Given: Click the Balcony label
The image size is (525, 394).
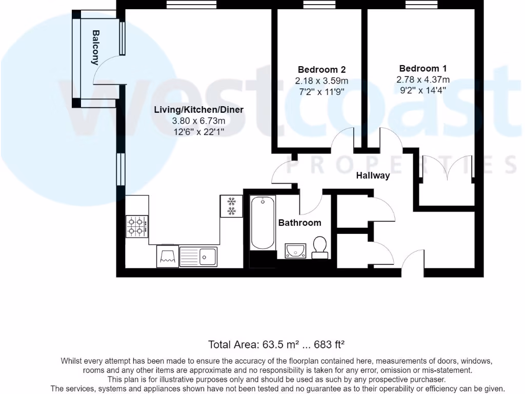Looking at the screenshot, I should pyautogui.click(x=95, y=47).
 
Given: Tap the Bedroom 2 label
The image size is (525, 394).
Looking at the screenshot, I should pyautogui.click(x=321, y=70).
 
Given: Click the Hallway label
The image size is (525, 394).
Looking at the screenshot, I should pyautogui.click(x=373, y=175).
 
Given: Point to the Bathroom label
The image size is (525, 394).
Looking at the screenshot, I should pyautogui.click(x=299, y=223).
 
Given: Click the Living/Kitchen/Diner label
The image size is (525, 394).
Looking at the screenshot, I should pyautogui.click(x=199, y=110).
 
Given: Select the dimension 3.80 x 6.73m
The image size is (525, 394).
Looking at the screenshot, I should pyautogui.click(x=199, y=121).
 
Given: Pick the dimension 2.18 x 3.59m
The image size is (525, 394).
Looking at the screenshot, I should pyautogui.click(x=321, y=81).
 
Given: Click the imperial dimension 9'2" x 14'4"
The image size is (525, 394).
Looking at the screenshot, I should pyautogui.click(x=423, y=91).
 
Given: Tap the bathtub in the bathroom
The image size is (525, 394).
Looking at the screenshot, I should pyautogui.click(x=262, y=223).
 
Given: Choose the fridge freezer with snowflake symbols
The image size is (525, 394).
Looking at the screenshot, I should pyautogui.click(x=231, y=206).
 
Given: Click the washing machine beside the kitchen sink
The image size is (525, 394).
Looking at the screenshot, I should pyautogui.click(x=168, y=256).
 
